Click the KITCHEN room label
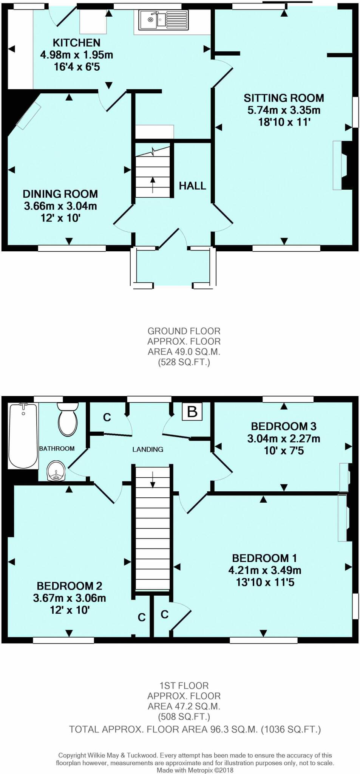tap(76, 43)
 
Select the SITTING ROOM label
tap(284, 98)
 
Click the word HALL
tap(192, 186)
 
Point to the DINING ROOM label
tap(60, 194)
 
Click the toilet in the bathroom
tap(68, 419)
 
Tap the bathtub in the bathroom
tap(23, 436)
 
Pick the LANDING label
tap(148, 449)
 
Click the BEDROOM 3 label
tap(284, 426)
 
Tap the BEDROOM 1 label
tap(264, 558)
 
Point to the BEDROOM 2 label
tap(70, 586)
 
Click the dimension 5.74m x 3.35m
tap(284, 110)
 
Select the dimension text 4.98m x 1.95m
tap(77, 55)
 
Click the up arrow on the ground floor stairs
tap(153, 184)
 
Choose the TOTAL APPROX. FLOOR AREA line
tap(195, 729)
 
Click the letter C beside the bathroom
tap(107, 417)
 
